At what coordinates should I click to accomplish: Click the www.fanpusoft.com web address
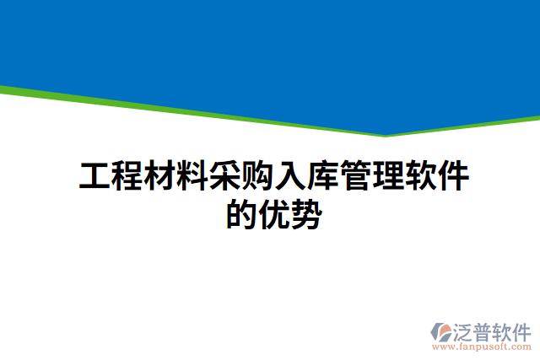click(481, 346)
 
